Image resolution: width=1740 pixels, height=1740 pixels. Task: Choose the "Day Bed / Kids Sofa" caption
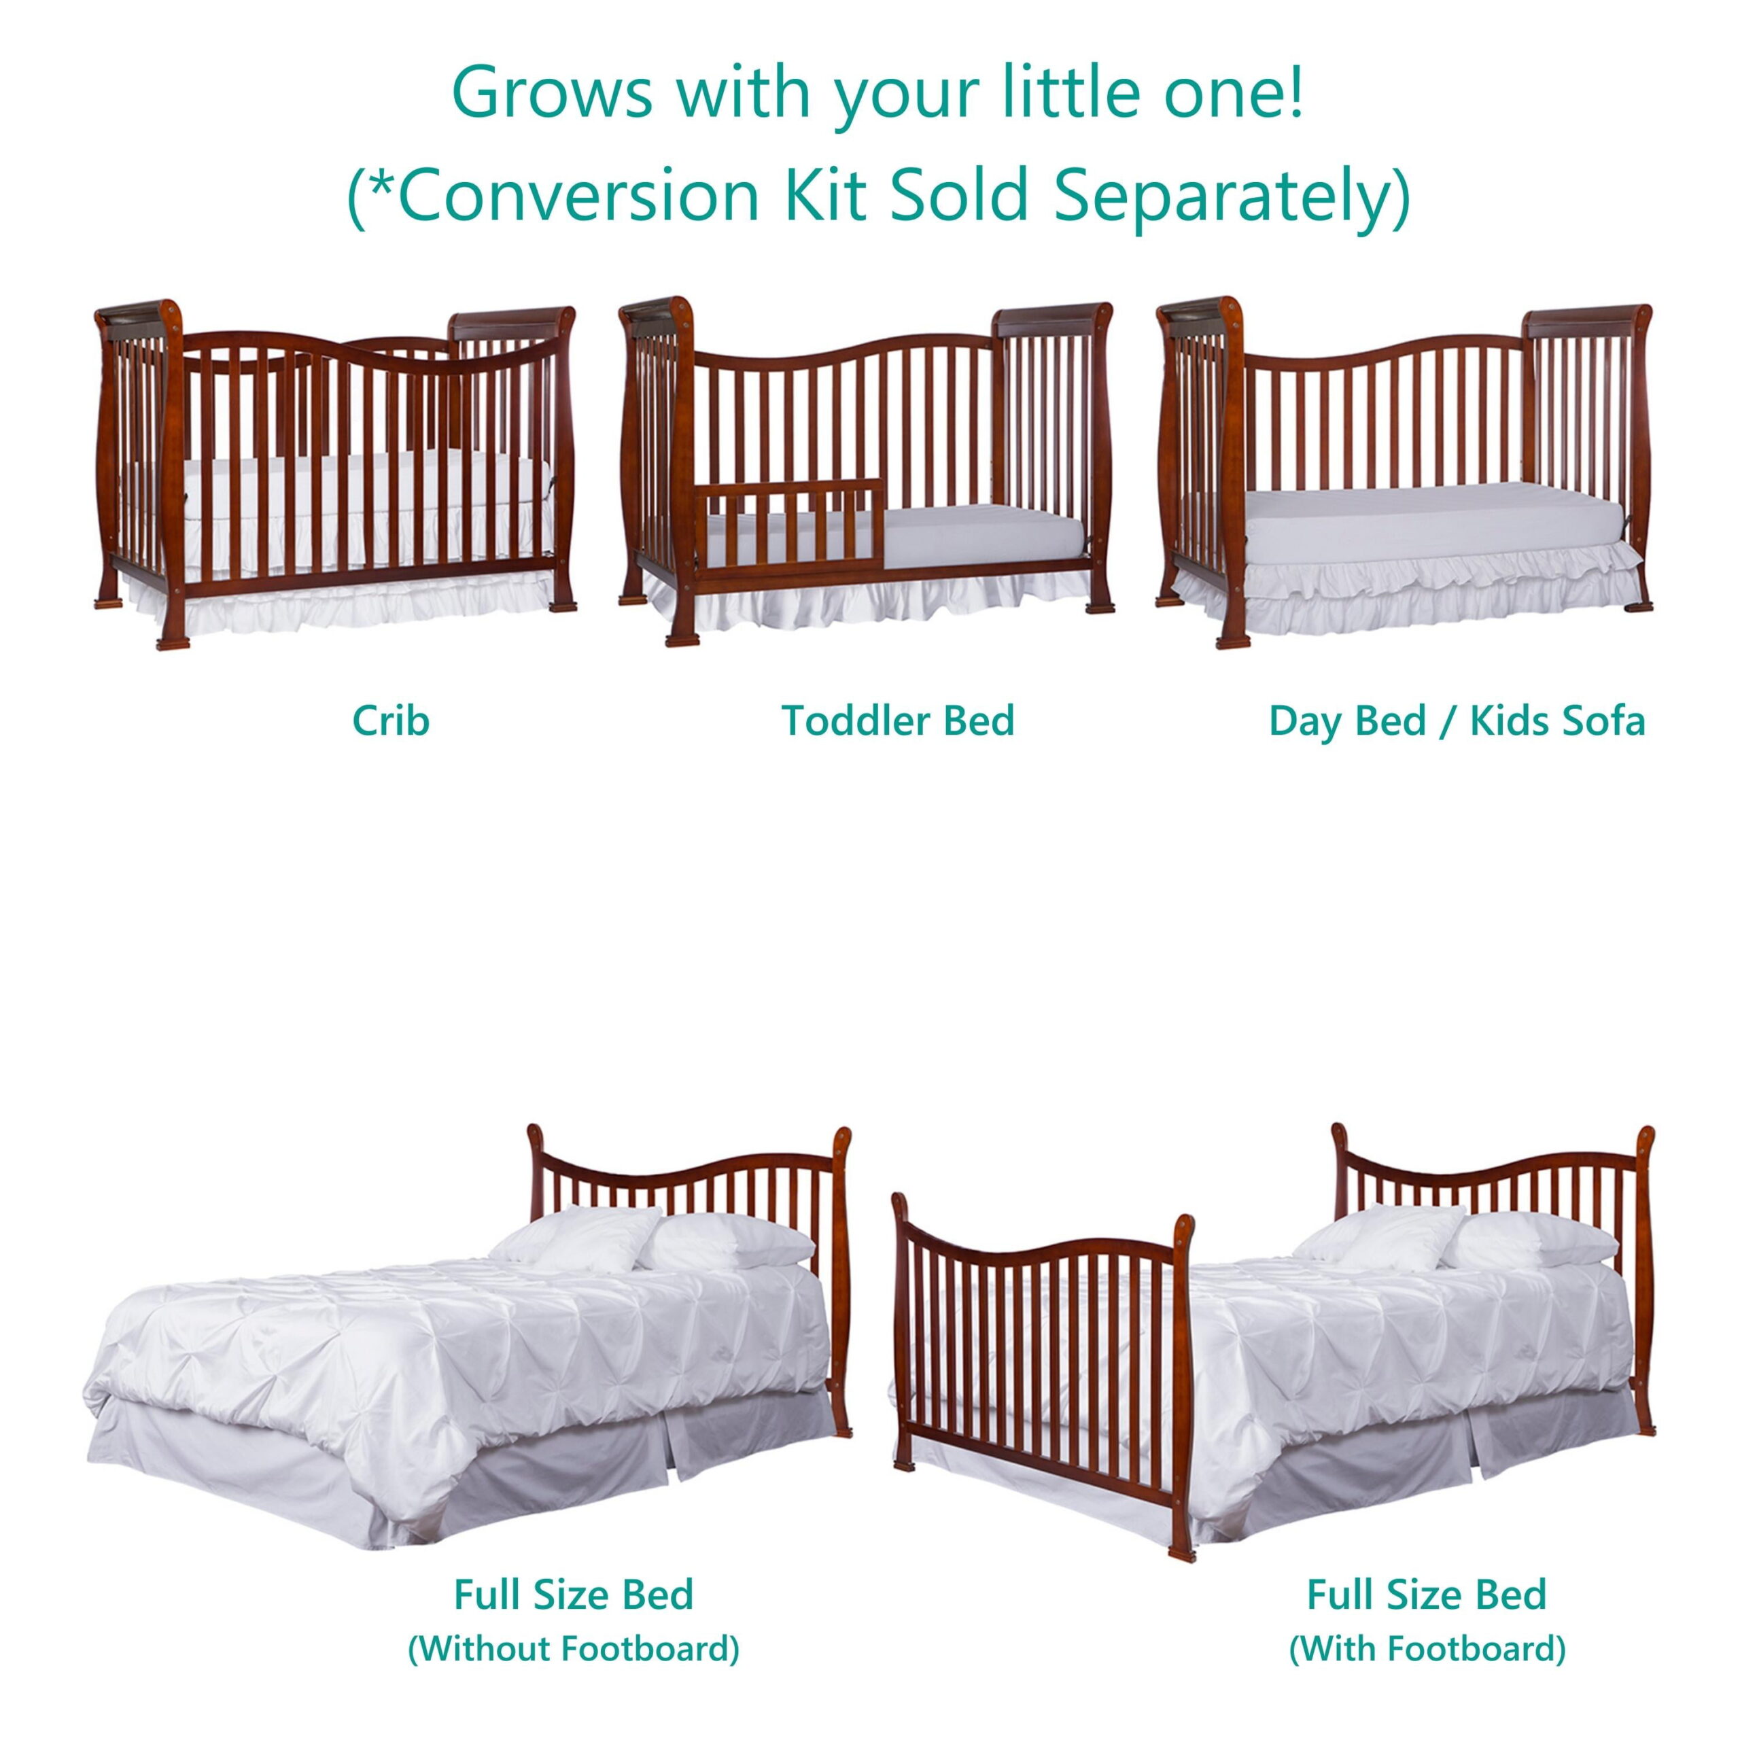coord(1457,720)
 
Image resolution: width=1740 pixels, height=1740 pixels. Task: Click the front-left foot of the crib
coord(173,641)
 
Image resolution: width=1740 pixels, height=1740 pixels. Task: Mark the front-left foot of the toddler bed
coord(682,637)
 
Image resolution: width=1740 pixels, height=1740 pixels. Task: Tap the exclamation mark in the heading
coord(1296,92)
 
